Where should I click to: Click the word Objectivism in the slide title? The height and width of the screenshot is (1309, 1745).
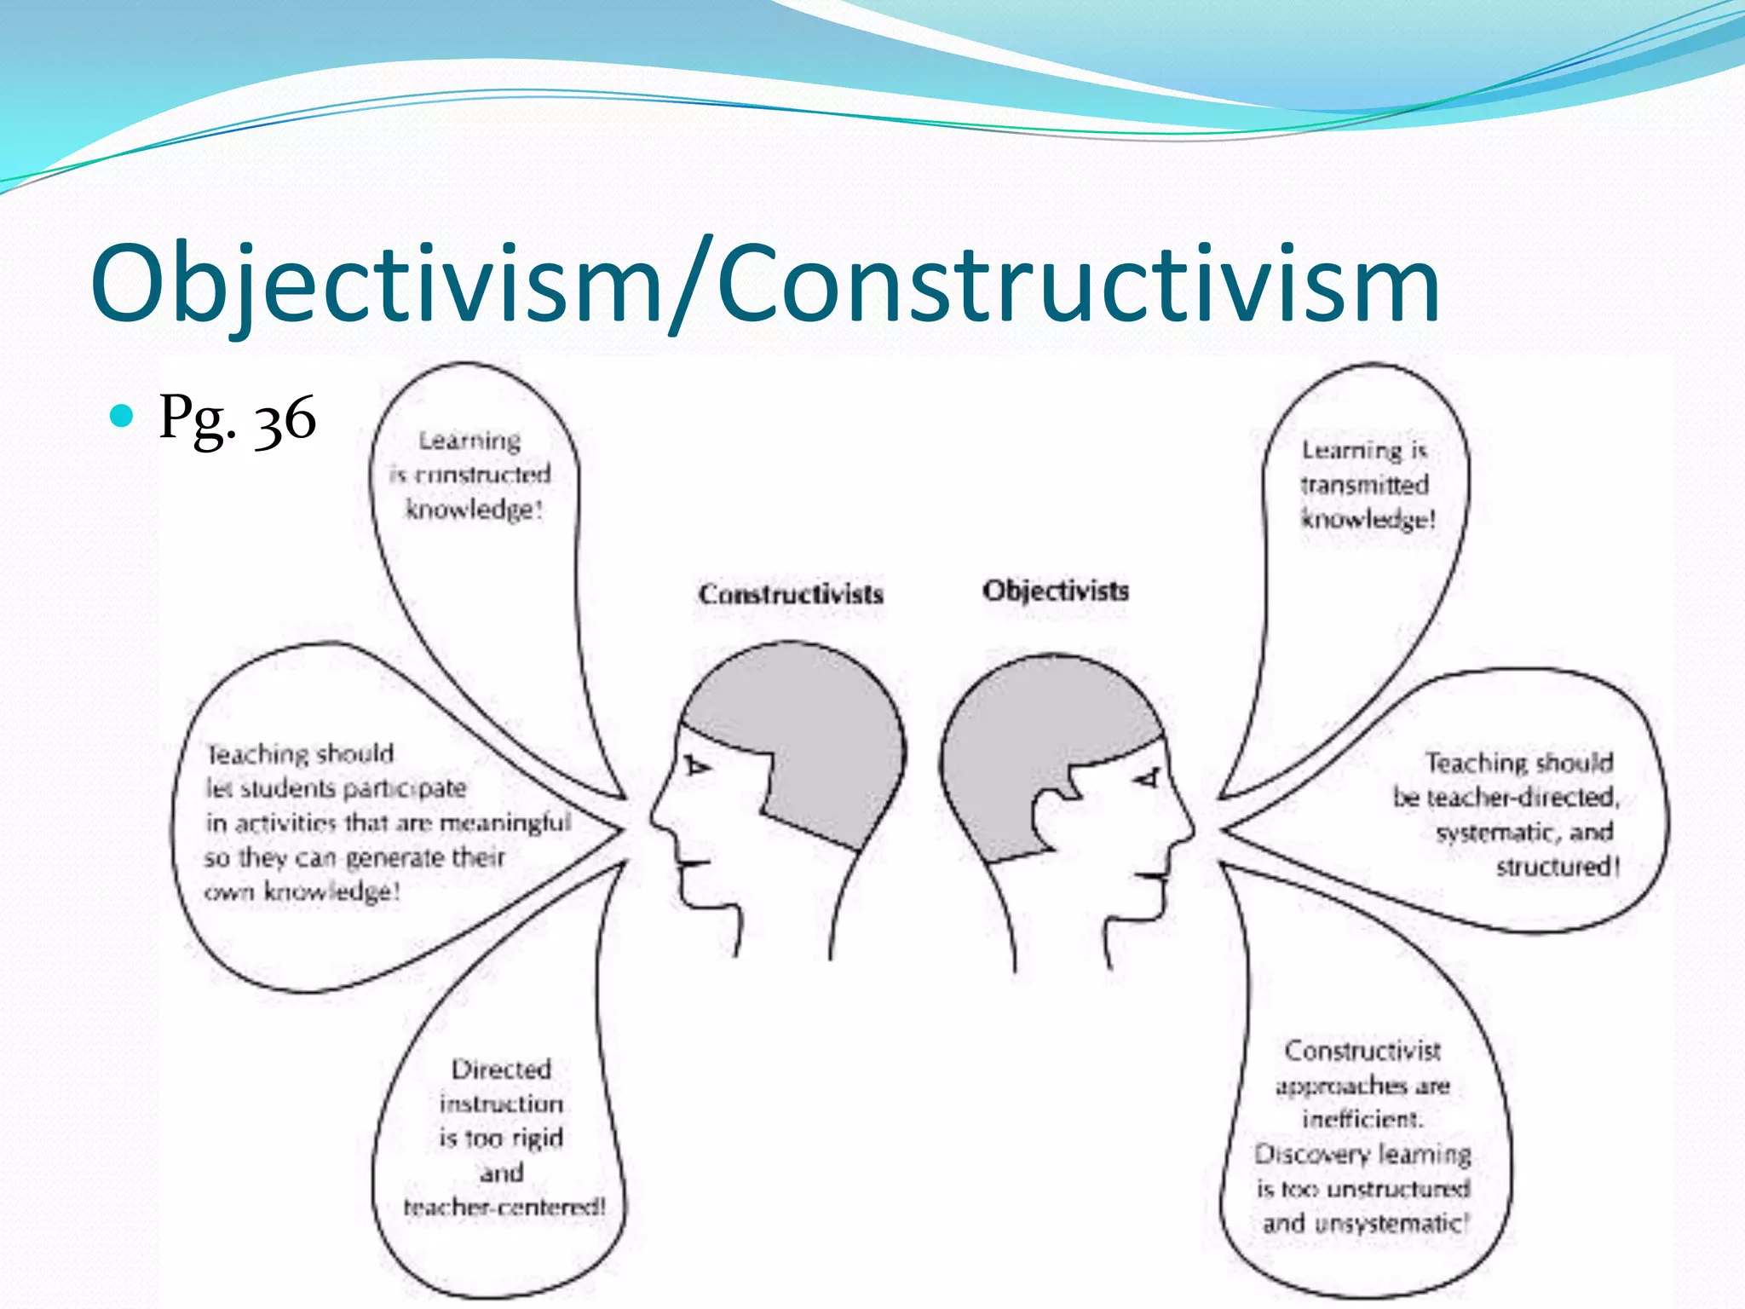375,284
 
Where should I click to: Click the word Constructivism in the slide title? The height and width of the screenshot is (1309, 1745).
1078,284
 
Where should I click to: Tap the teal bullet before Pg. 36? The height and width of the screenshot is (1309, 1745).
123,416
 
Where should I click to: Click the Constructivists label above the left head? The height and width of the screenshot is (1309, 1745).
791,594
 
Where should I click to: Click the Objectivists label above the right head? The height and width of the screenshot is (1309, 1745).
1056,591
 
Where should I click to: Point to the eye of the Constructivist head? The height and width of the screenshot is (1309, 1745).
697,766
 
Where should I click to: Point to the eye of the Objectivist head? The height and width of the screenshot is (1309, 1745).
1148,778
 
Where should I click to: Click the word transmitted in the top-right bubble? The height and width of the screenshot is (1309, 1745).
1364,485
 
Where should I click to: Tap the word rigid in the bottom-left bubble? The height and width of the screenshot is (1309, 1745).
537,1139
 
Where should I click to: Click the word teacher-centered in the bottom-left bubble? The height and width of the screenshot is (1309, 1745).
504,1208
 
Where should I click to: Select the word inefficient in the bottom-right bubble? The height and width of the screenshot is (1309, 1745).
1362,1119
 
